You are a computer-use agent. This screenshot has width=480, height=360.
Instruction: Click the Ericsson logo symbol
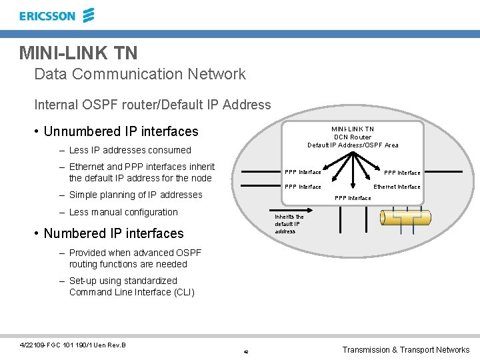[88, 15]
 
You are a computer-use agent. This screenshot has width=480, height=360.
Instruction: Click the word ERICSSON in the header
[47, 16]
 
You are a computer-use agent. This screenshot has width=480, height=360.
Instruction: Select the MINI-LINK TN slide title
[78, 52]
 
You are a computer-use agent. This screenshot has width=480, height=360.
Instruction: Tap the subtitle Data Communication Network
[140, 74]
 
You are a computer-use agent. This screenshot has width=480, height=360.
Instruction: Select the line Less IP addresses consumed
[130, 150]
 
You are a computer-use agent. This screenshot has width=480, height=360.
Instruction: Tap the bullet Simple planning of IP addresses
[135, 195]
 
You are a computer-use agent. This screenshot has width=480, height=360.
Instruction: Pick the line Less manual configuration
[123, 212]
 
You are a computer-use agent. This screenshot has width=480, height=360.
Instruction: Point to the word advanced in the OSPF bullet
[159, 253]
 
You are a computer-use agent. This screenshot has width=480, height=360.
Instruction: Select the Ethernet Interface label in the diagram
[397, 187]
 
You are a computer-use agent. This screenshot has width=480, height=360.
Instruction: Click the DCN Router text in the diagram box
[353, 137]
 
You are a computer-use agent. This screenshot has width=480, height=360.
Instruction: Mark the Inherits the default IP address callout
[289, 224]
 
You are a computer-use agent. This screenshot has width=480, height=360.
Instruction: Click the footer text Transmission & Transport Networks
[405, 350]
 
